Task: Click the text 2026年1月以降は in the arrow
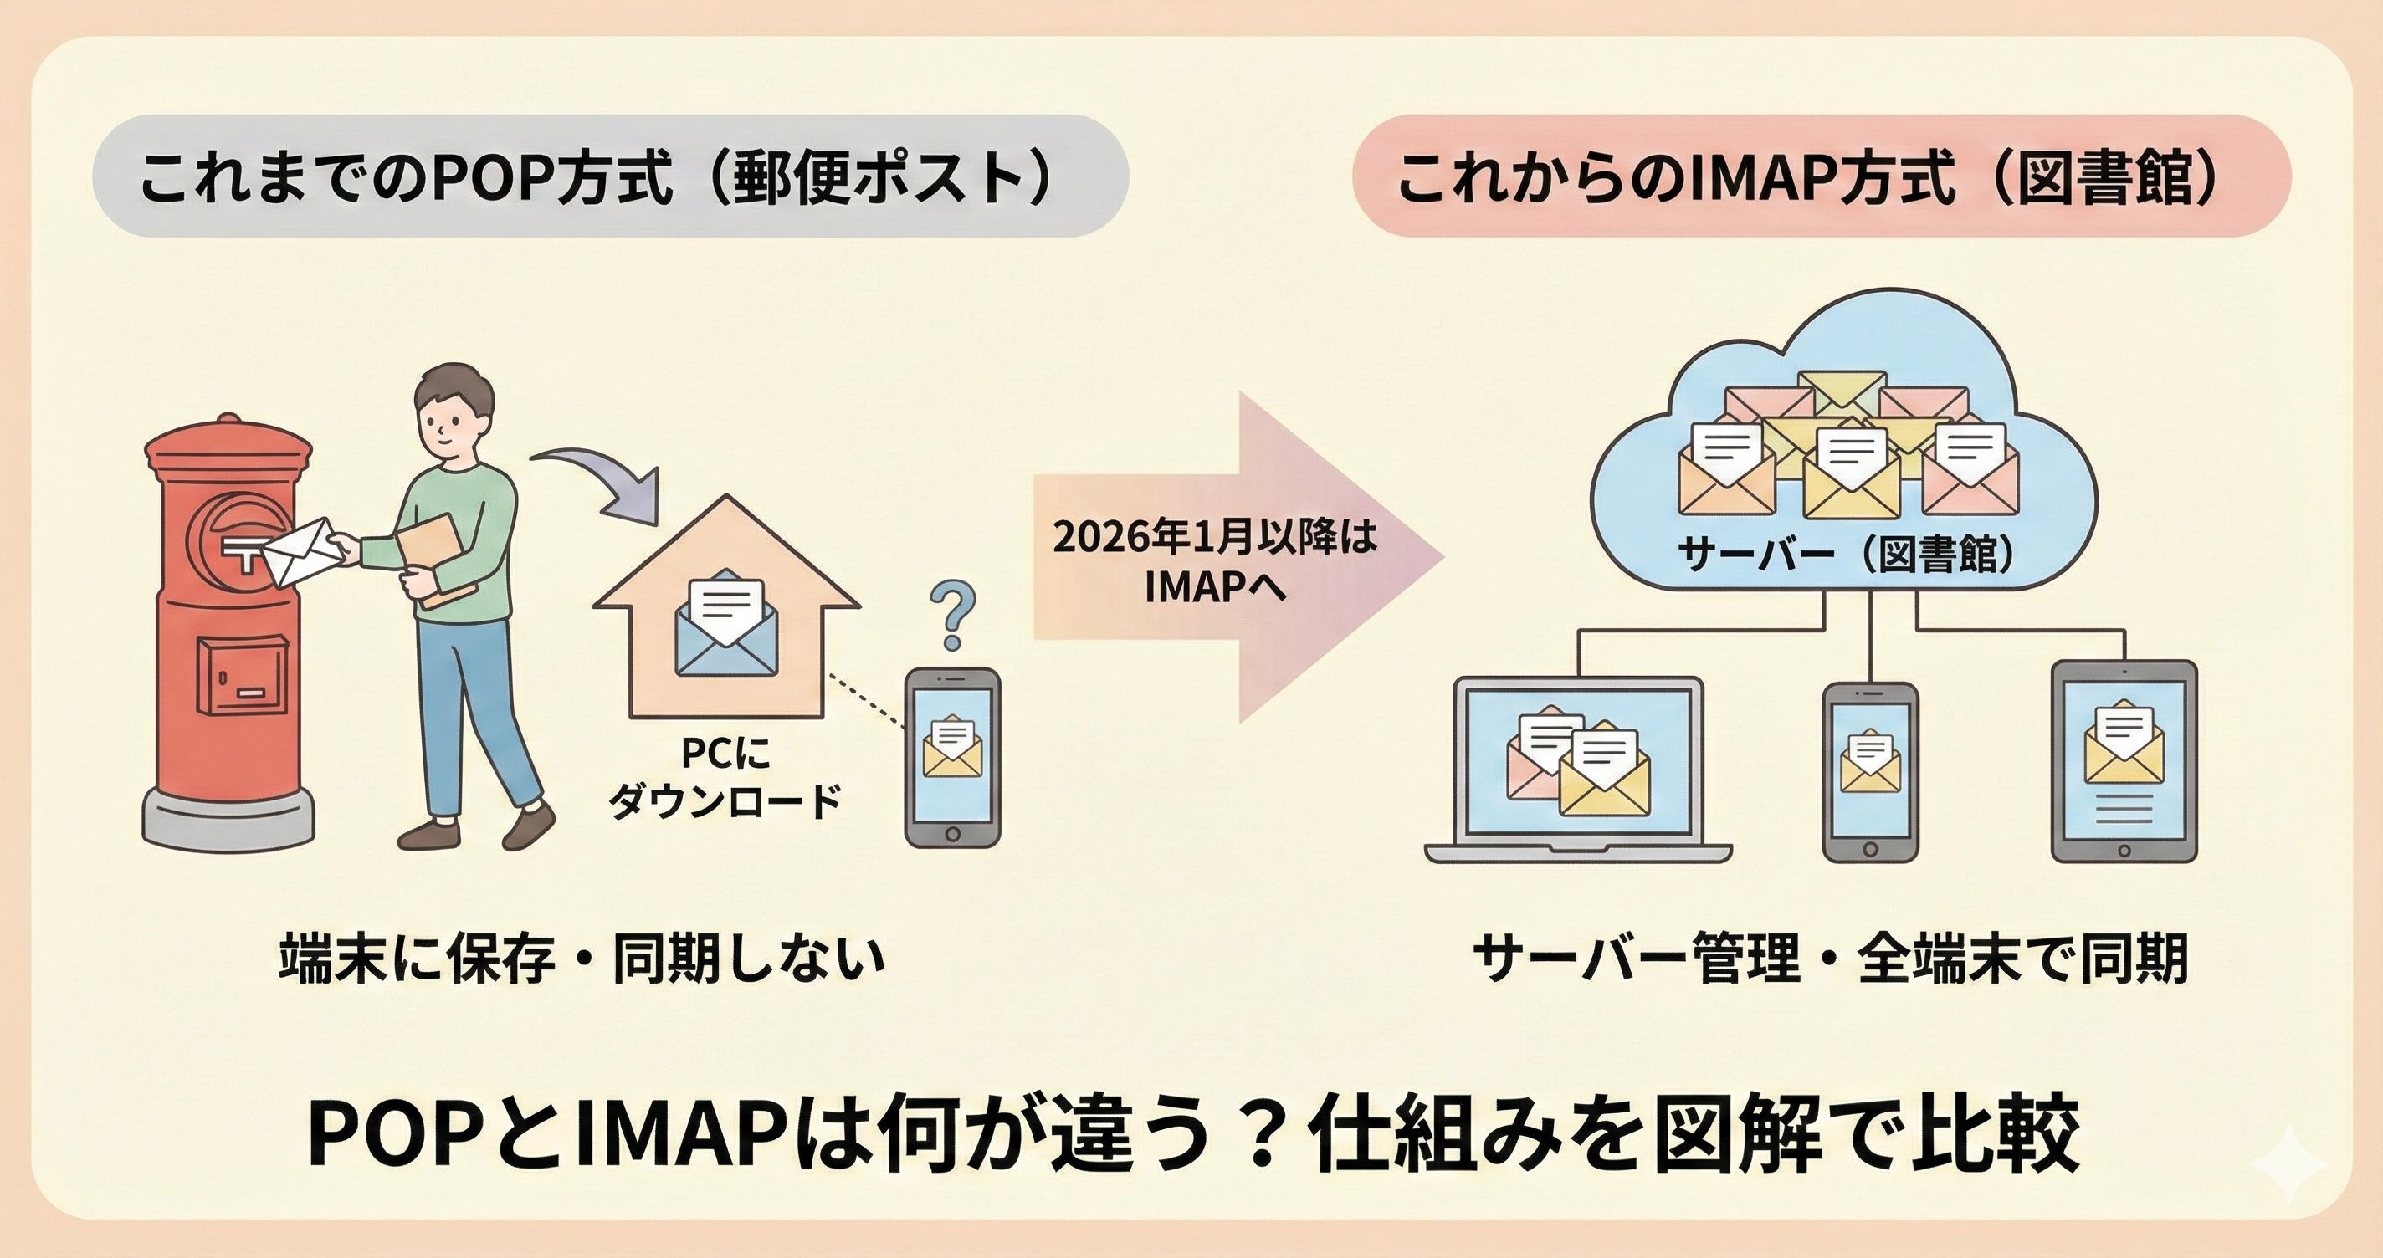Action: pyautogui.click(x=1215, y=539)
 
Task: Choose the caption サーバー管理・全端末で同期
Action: pyautogui.click(x=1830, y=959)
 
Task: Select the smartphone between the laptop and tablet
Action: pyautogui.click(x=1869, y=771)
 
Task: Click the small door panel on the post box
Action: pyautogui.click(x=243, y=675)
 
